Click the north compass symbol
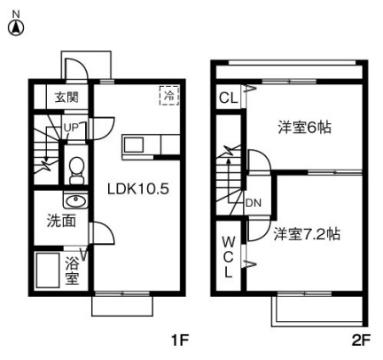pyautogui.click(x=15, y=27)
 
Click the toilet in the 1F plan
pyautogui.click(x=77, y=168)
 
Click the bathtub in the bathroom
pyautogui.click(x=47, y=270)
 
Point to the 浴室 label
pyautogui.click(x=73, y=271)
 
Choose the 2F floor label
pyautogui.click(x=358, y=340)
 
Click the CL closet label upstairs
pyautogui.click(x=227, y=98)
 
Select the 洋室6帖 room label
pyautogui.click(x=306, y=127)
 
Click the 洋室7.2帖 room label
pyautogui.click(x=307, y=235)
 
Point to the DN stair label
pyautogui.click(x=252, y=201)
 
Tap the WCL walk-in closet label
pyautogui.click(x=227, y=257)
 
